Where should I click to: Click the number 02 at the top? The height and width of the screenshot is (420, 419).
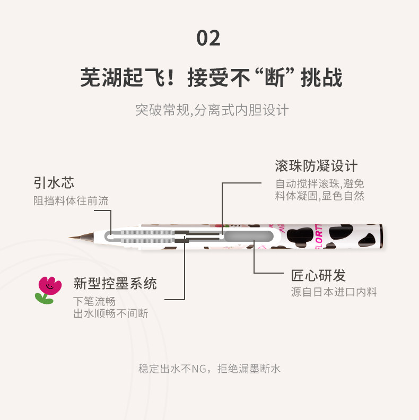[208, 38]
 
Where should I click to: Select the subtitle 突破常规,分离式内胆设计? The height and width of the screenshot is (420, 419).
[212, 110]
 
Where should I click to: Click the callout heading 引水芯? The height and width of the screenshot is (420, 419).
[54, 183]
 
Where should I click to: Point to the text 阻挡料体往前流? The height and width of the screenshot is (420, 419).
[71, 200]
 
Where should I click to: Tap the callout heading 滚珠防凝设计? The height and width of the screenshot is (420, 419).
[316, 166]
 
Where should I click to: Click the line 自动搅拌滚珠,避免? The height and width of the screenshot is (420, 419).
[319, 184]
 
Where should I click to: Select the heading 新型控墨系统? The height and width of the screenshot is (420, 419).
[115, 283]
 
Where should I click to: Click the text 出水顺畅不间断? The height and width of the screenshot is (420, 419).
[111, 313]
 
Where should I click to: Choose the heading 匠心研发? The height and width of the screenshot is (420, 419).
[318, 275]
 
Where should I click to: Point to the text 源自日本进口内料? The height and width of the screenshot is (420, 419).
[334, 292]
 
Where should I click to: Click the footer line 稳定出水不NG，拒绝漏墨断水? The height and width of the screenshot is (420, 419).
[209, 369]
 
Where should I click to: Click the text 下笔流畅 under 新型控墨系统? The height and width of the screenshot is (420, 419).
[94, 302]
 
